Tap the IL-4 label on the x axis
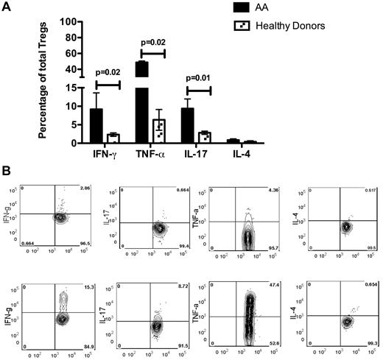pyautogui.click(x=242, y=155)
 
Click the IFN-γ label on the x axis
pyautogui.click(x=105, y=155)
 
